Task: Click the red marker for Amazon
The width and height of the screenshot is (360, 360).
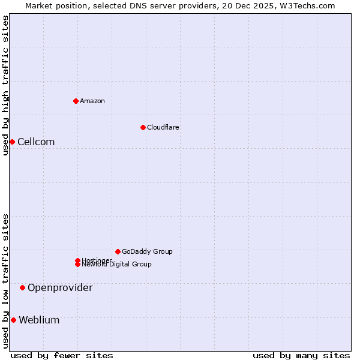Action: point(76,101)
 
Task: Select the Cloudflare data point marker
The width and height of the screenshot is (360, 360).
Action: point(143,127)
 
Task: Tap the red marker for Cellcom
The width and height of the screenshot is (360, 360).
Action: point(12,142)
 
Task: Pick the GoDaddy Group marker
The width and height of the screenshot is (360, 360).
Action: point(118,251)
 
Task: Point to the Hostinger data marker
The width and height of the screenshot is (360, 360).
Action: point(78,260)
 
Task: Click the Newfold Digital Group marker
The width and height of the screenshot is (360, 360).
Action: point(78,265)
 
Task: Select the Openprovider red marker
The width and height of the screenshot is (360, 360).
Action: point(22,287)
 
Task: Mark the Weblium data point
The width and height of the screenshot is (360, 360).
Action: point(13,320)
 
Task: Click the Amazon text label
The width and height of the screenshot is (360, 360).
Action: point(92,101)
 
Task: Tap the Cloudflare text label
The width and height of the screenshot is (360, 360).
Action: point(163,127)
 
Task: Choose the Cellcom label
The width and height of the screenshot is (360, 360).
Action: point(36,142)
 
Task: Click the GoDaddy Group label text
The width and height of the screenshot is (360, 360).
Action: point(147,251)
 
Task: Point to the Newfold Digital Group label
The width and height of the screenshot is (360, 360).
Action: point(116,265)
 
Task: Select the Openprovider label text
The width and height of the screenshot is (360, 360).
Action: point(60,287)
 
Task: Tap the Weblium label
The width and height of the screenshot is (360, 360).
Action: point(39,320)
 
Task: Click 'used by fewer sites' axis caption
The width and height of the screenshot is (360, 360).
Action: point(62,355)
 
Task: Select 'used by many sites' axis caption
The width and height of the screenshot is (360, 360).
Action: point(301,355)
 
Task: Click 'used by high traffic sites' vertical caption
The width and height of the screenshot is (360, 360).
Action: point(5,85)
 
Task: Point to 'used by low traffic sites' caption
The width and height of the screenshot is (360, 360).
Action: point(5,281)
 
